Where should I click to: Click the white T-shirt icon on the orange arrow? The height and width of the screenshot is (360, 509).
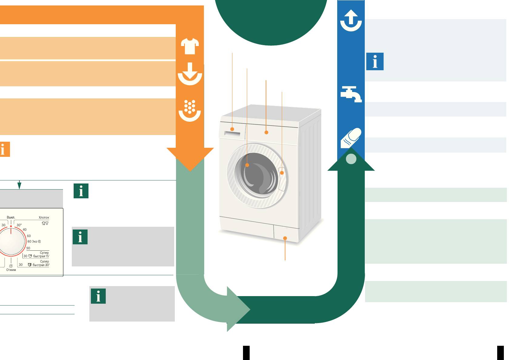pos(190,46)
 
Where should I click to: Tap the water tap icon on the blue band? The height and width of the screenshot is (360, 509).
pos(351,94)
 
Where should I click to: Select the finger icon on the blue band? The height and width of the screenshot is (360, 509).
pos(351,138)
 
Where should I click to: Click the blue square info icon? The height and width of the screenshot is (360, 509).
pos(375,61)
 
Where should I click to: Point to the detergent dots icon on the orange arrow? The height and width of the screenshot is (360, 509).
pos(190,111)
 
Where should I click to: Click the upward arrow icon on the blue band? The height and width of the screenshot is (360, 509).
pos(351,21)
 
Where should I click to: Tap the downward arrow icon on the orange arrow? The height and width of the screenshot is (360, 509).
pos(190,74)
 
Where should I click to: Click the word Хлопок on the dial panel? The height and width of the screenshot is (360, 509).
pos(44,217)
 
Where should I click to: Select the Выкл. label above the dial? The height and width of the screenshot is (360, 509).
pos(11,217)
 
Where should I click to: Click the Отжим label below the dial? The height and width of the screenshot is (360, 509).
pos(11,270)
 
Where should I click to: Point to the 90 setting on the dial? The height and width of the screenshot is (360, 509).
pos(28,248)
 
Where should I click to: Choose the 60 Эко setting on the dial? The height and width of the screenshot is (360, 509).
pos(34,241)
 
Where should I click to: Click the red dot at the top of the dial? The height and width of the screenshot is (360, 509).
pos(11,226)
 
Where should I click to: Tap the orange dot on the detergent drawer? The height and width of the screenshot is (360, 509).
pos(232,129)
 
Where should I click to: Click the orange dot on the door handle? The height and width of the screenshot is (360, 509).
pos(282,173)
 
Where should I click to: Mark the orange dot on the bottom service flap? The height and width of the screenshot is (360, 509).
pos(285,238)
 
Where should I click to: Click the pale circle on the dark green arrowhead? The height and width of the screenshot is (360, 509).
pos(351,159)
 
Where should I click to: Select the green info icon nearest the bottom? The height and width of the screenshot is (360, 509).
pos(98,296)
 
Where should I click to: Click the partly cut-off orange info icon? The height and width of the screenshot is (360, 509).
pos(5,149)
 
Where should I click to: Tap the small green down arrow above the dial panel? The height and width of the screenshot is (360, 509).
pos(19,185)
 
